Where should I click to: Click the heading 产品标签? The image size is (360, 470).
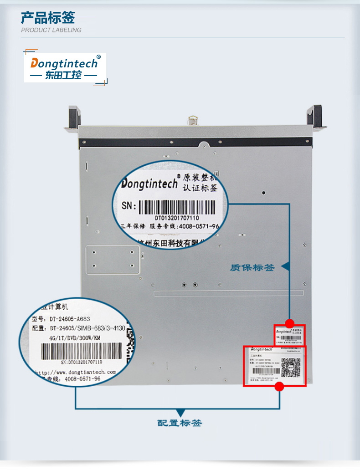tap(48, 18)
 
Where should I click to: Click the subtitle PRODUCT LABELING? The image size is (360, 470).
tap(51, 30)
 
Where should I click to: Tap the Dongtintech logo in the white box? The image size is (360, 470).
tap(64, 63)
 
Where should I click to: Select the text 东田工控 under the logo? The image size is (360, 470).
tap(63, 75)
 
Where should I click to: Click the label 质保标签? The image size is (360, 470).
tap(252, 268)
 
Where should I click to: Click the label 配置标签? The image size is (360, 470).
tap(179, 423)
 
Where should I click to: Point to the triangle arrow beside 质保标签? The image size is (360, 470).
tap(285, 266)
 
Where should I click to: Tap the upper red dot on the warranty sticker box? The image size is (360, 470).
tap(289, 323)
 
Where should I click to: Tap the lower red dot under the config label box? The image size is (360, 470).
tap(280, 387)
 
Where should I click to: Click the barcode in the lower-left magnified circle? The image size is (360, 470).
tap(82, 351)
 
